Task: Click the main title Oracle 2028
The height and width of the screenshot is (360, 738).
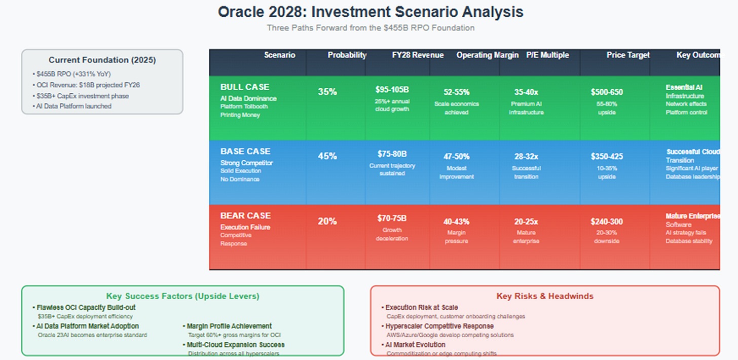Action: pyautogui.click(x=371, y=12)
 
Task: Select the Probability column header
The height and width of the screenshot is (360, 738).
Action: pyautogui.click(x=347, y=55)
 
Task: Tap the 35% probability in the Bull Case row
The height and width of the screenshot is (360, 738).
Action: pyautogui.click(x=327, y=92)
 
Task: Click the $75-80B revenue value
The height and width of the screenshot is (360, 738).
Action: pyautogui.click(x=392, y=154)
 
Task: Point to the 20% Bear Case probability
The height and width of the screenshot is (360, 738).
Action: pyautogui.click(x=327, y=221)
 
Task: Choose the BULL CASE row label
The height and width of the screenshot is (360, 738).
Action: pyautogui.click(x=245, y=87)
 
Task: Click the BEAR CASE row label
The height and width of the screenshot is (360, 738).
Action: pyautogui.click(x=245, y=215)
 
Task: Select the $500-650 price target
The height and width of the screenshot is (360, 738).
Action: pyautogui.click(x=607, y=92)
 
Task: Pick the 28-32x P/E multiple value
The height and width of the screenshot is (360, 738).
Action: pyautogui.click(x=526, y=157)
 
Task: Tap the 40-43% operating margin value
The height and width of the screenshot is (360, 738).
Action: pyautogui.click(x=456, y=222)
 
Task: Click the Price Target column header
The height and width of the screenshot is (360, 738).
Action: pyautogui.click(x=628, y=55)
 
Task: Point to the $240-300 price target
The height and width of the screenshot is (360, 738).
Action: pyautogui.click(x=607, y=222)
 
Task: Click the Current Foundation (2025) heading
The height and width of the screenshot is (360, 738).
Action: pyautogui.click(x=102, y=60)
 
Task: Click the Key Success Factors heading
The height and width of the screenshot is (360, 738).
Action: pyautogui.click(x=182, y=296)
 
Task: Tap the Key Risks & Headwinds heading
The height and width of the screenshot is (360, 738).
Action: pyautogui.click(x=545, y=296)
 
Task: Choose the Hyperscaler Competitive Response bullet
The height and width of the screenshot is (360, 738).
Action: pyautogui.click(x=439, y=326)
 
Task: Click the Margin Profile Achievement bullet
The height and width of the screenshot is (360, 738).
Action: pyautogui.click(x=229, y=326)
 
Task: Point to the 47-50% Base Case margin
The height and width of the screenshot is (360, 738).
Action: pyautogui.click(x=456, y=157)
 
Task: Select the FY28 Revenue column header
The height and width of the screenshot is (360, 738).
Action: pyautogui.click(x=418, y=55)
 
